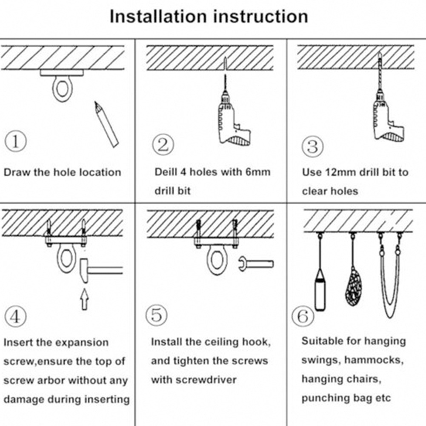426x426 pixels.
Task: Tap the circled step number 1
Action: (x=15, y=142)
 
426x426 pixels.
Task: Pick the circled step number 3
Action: (x=312, y=147)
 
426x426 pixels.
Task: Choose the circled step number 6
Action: (x=302, y=317)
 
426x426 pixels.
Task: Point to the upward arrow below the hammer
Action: (x=84, y=299)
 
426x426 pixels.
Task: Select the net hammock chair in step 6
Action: (x=352, y=285)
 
